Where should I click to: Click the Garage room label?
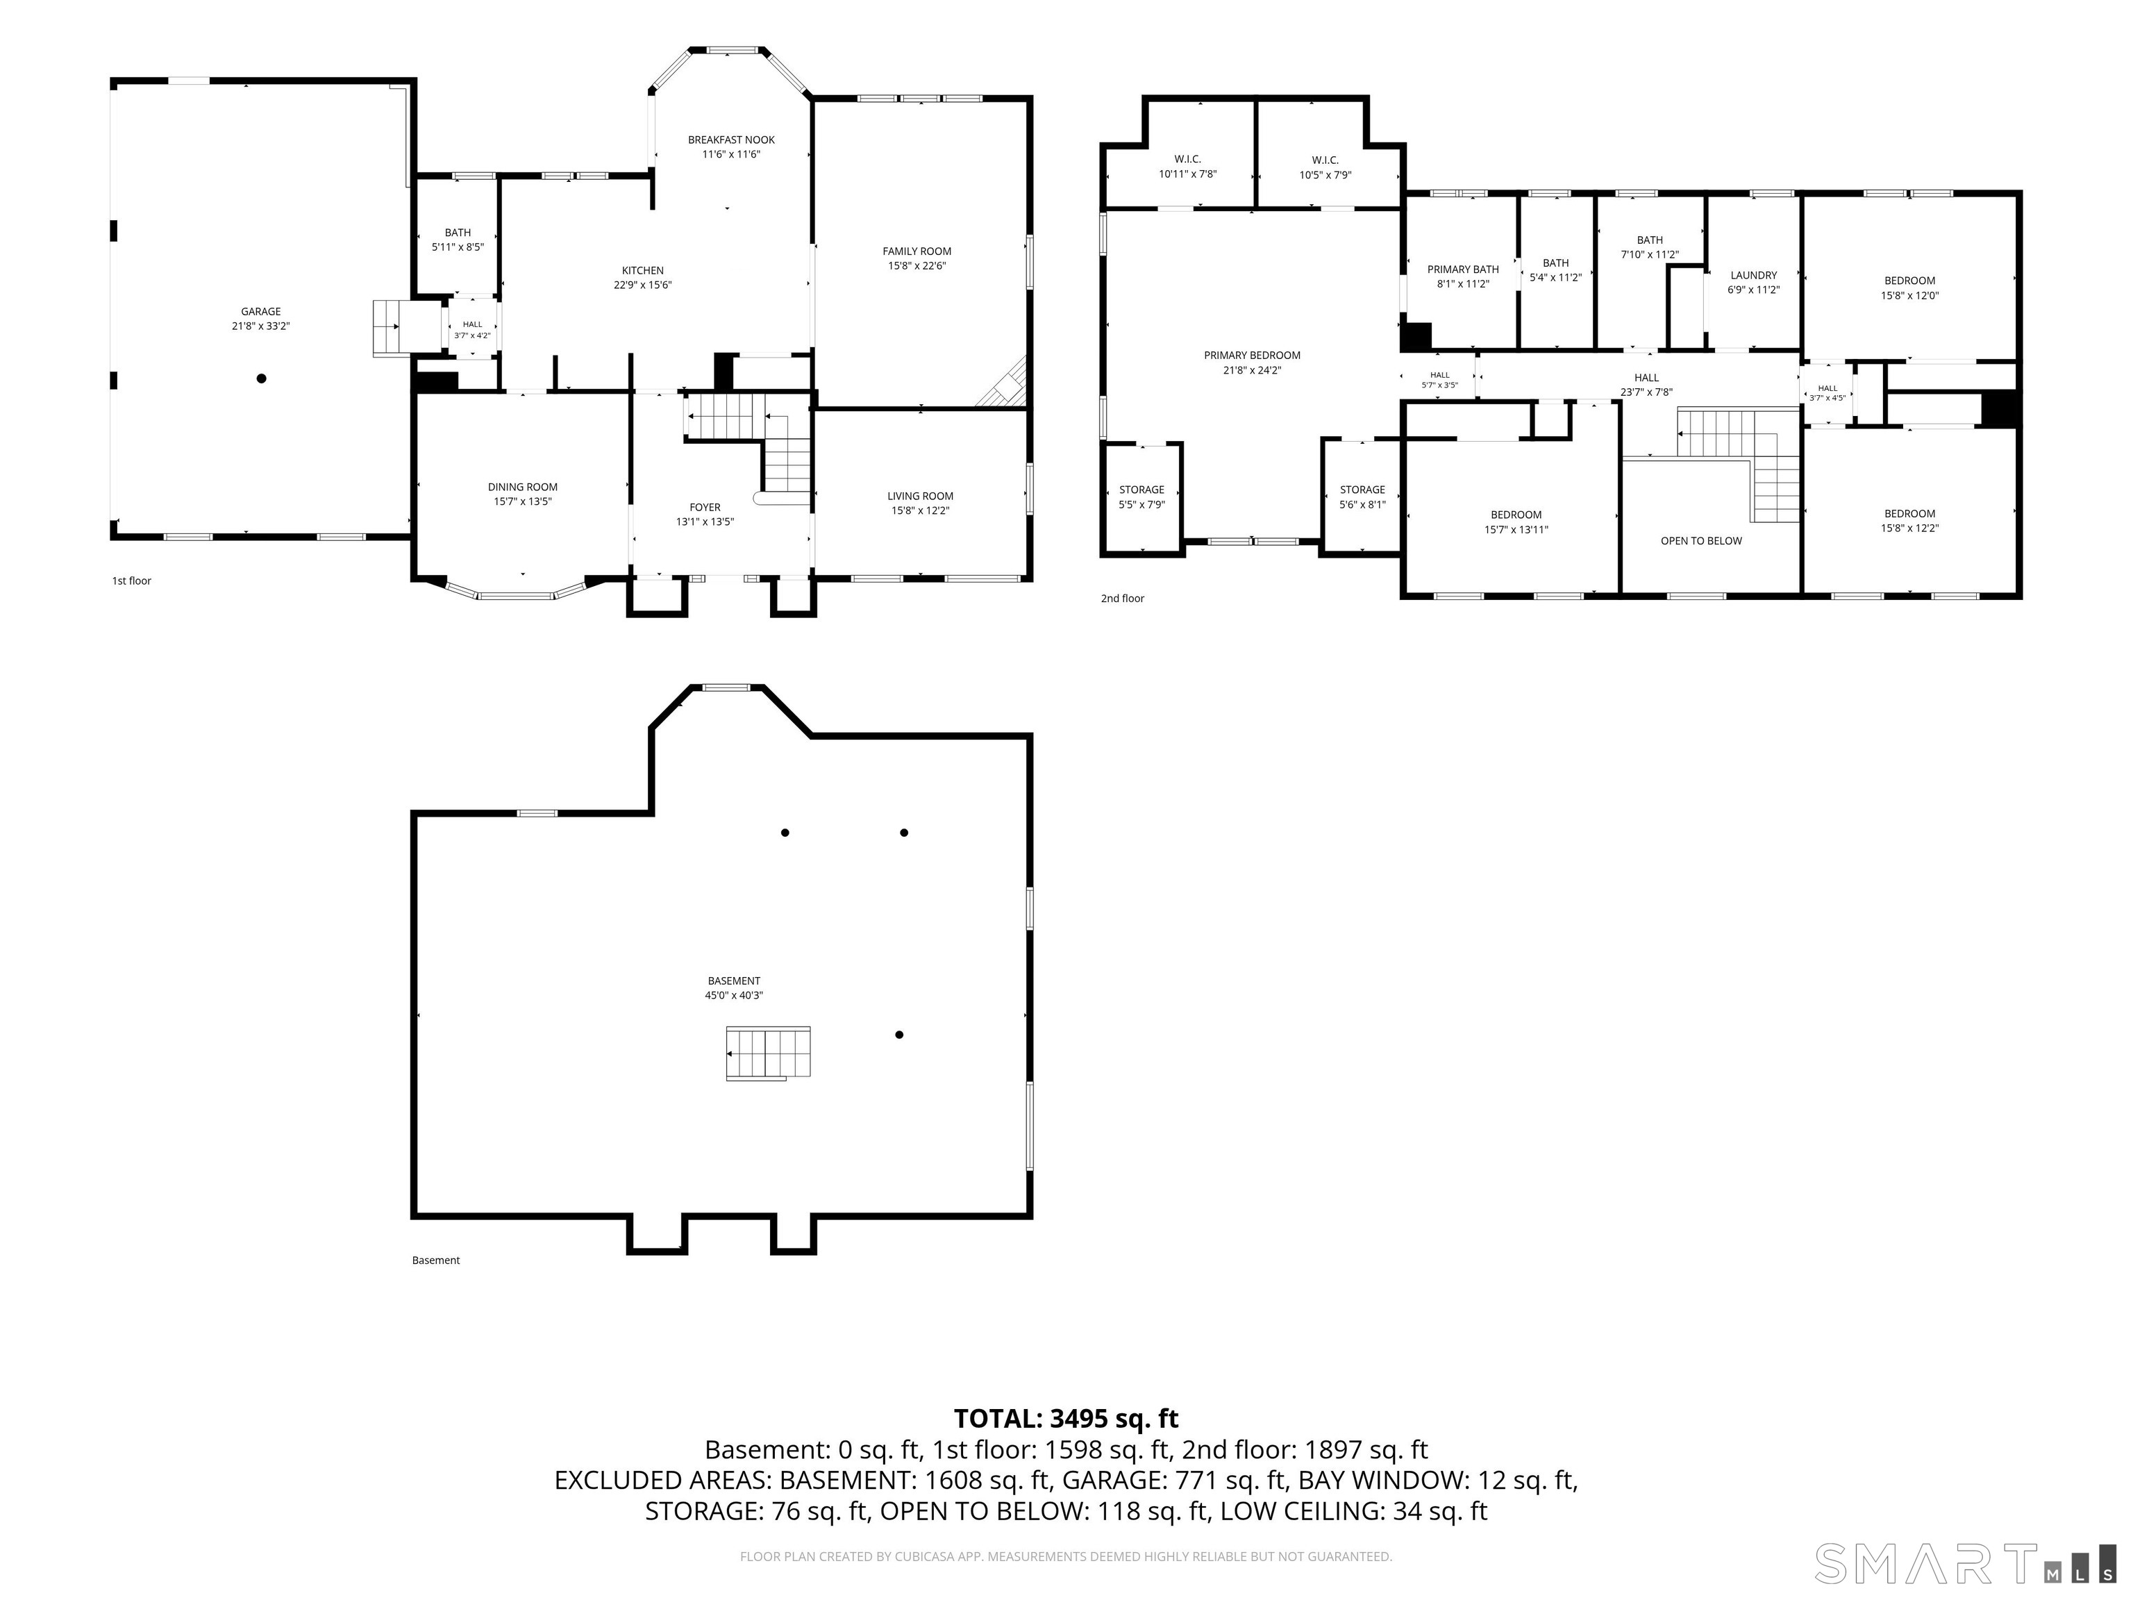coord(260,312)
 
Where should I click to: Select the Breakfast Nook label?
coord(731,140)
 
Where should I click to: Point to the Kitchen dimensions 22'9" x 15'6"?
coord(642,285)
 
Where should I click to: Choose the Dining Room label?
coord(523,487)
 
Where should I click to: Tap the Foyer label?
coord(705,508)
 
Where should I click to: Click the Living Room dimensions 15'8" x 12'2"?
coord(920,511)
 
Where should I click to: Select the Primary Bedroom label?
coord(1252,355)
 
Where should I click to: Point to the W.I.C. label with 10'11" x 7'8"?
coord(1187,159)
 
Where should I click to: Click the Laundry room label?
coord(1753,275)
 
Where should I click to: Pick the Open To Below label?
coord(1701,541)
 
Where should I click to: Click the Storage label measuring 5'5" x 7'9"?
coord(1141,490)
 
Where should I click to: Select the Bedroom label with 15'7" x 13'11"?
coord(1516,515)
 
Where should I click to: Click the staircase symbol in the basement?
coord(769,1052)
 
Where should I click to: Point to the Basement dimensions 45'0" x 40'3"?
coord(734,995)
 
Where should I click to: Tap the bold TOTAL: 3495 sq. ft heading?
coord(1066,1419)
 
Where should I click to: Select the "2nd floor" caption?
coord(1123,599)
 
